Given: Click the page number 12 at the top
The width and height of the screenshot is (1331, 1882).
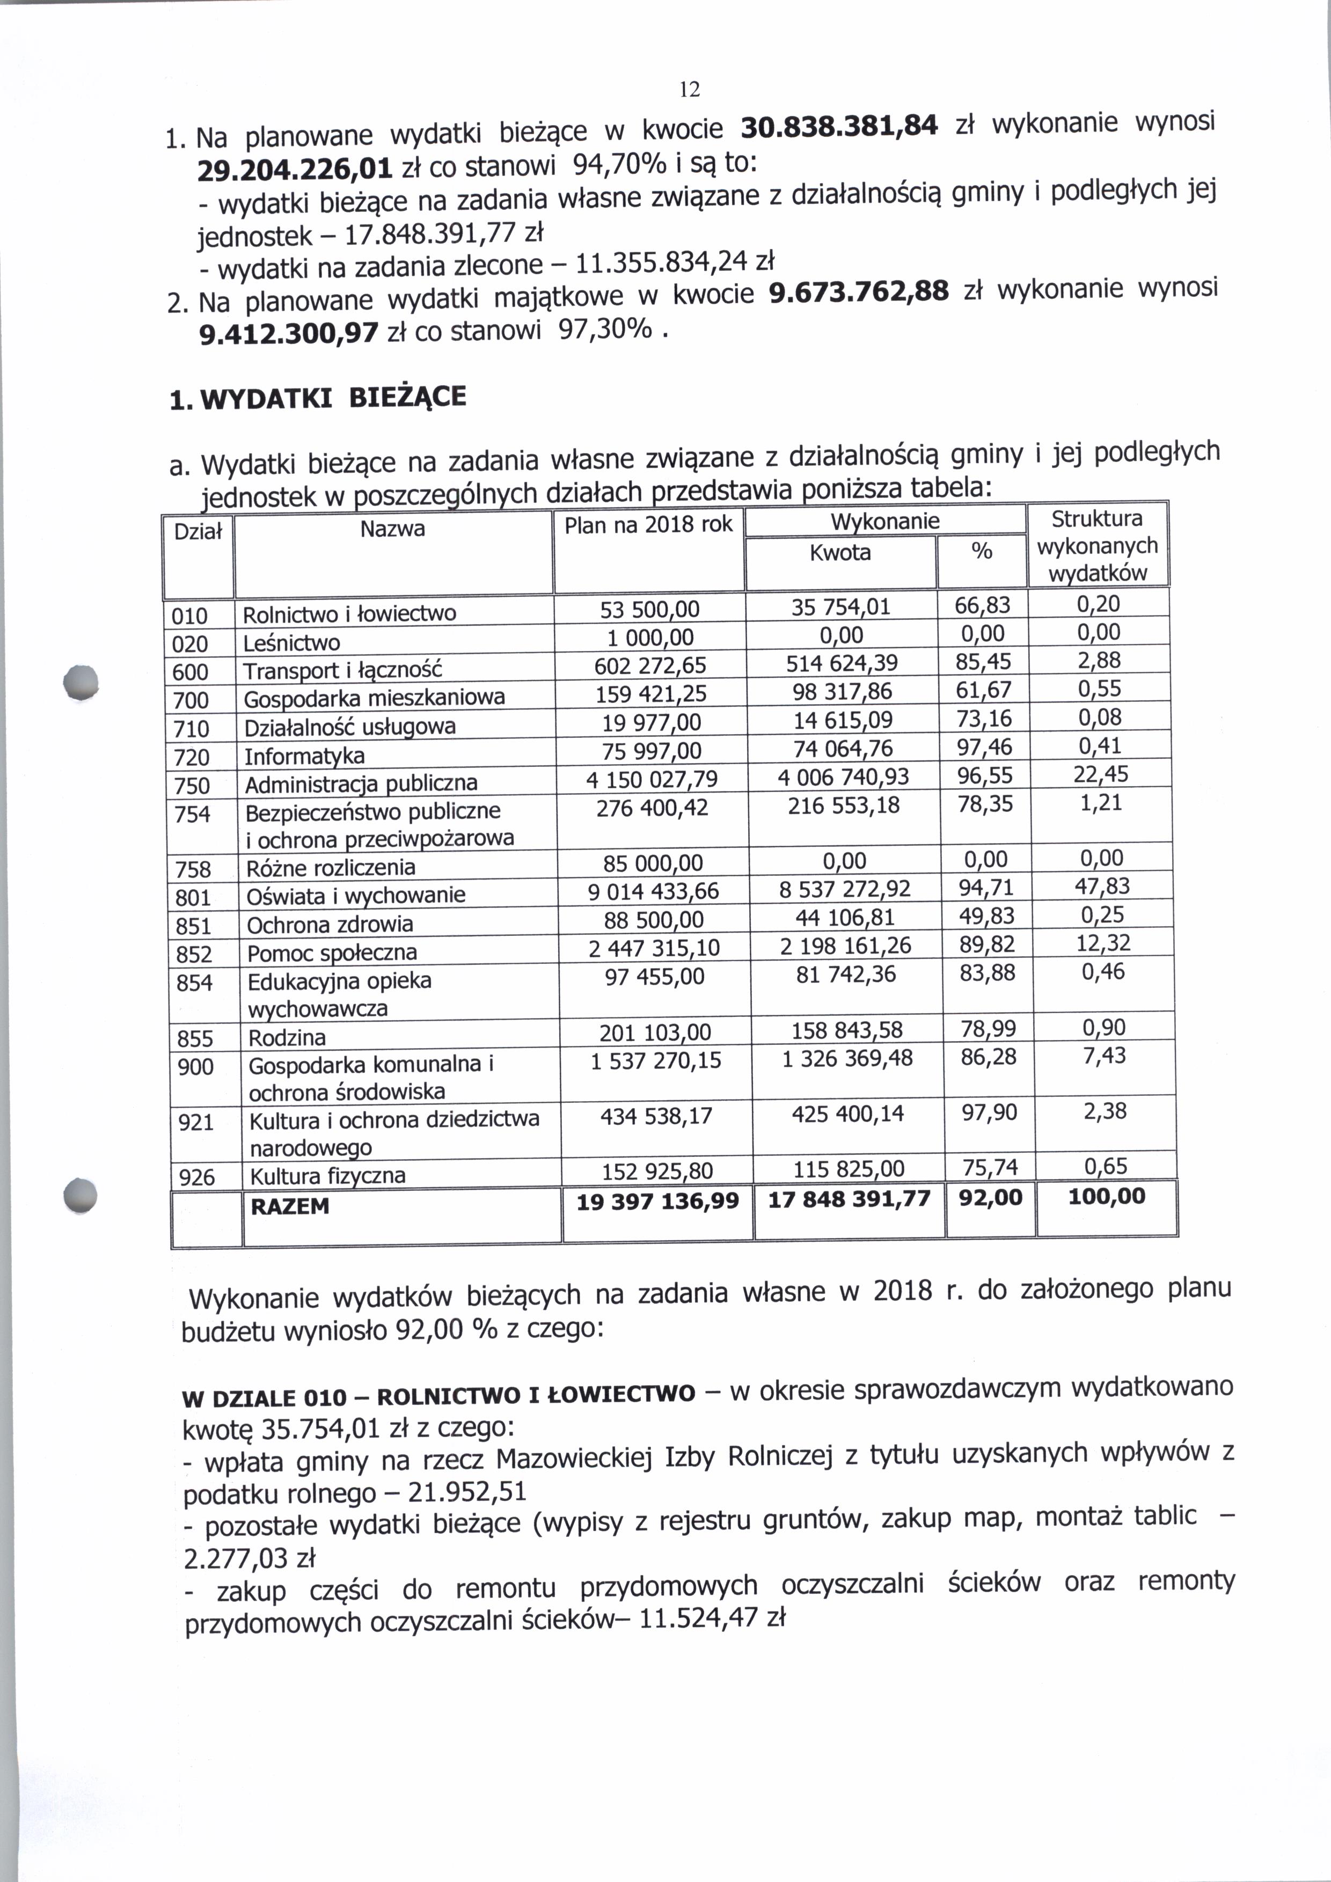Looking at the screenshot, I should (690, 89).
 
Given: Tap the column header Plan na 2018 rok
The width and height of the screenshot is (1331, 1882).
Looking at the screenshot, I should (648, 525).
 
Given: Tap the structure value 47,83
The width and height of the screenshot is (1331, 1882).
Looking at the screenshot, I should (1102, 886).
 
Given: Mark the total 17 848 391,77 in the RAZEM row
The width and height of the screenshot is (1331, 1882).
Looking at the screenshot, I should (849, 1199).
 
